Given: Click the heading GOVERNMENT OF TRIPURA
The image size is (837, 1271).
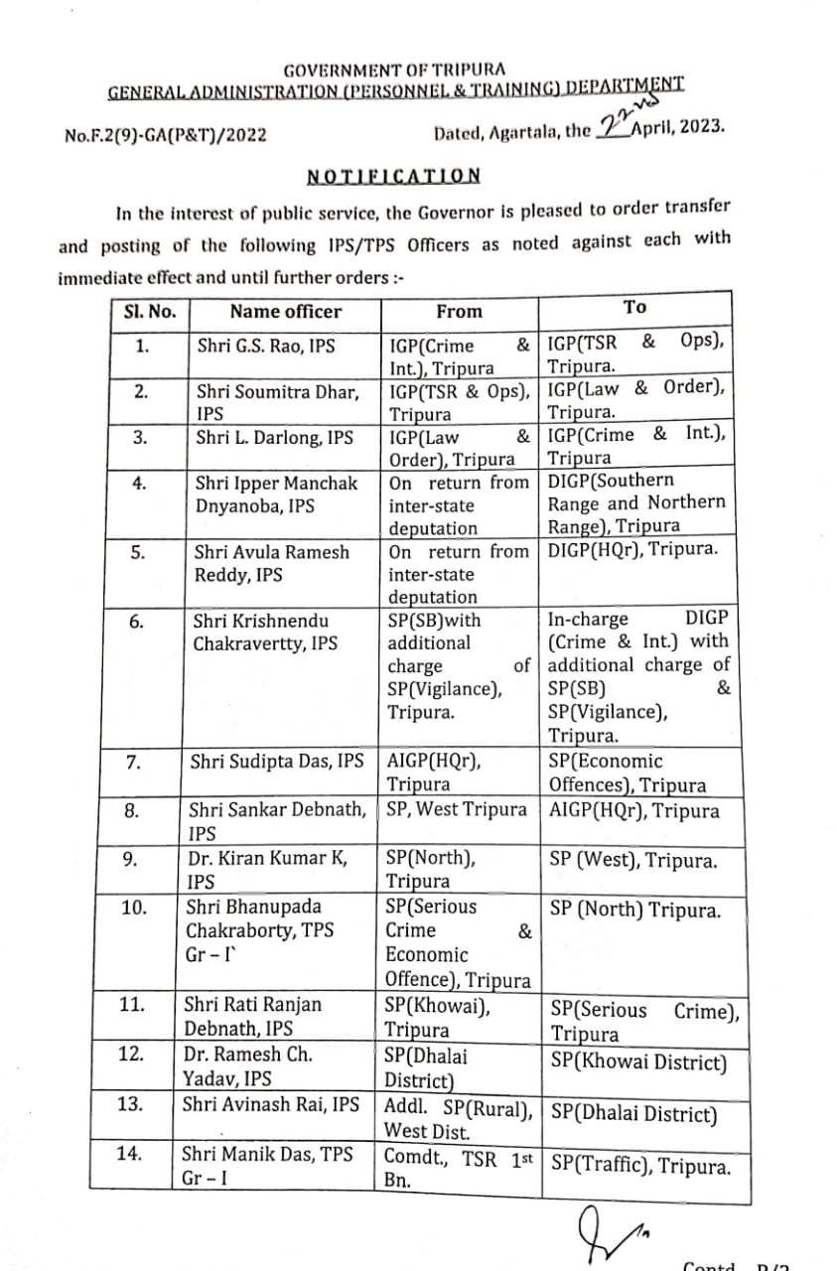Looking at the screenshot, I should (394, 71).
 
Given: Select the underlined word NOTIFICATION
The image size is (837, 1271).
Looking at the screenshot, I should (394, 177).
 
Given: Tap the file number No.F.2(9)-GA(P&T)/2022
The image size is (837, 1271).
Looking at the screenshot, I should (165, 135).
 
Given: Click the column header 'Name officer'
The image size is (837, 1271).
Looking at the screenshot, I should (285, 312).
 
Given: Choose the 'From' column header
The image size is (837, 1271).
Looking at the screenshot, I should (459, 312).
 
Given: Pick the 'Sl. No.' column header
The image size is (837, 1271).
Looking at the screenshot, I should (150, 312).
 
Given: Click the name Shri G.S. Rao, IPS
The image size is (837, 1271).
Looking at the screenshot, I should (265, 346).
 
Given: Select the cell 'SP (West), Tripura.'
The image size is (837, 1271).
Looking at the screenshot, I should (632, 861).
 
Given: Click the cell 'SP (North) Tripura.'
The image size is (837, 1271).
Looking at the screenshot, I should (634, 911).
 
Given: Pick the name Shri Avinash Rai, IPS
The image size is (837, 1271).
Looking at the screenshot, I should (271, 1104).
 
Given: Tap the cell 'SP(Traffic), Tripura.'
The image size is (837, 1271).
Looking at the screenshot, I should (640, 1165).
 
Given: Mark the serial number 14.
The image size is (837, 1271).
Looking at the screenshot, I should (132, 1153).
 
